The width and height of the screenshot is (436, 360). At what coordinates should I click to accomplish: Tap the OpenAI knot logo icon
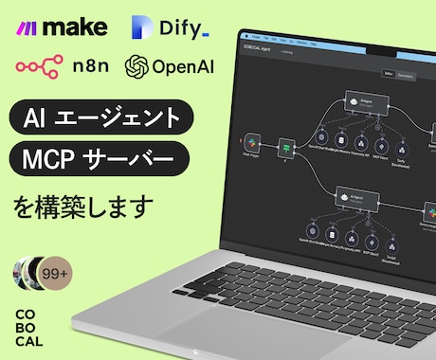pyautogui.click(x=137, y=66)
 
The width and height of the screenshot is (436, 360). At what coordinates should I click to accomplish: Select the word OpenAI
pyautogui.click(x=186, y=66)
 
